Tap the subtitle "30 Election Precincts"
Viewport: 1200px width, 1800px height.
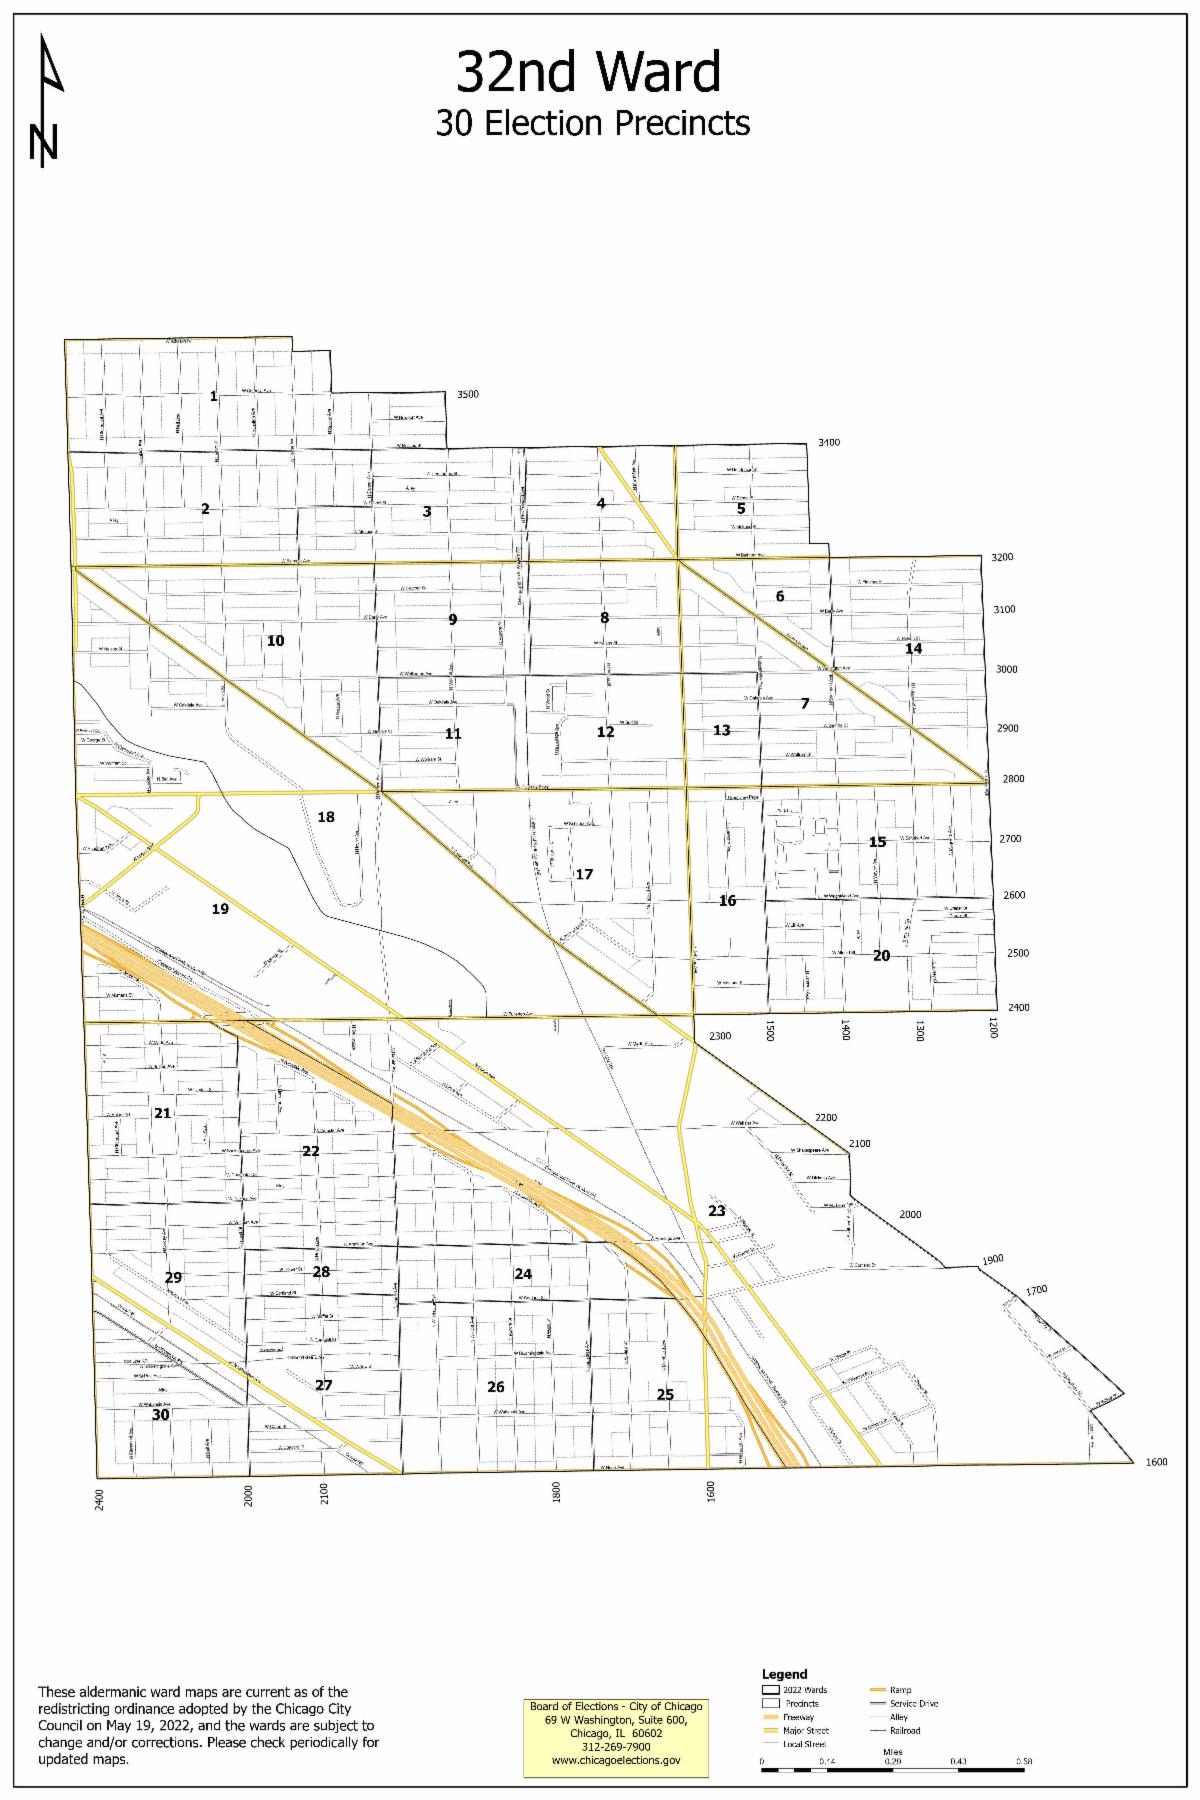click(592, 123)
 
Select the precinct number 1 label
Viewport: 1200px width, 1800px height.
click(213, 397)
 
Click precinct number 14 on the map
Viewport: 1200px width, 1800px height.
click(913, 649)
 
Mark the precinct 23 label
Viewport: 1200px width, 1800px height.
click(717, 1211)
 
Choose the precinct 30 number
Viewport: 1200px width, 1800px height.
click(160, 1415)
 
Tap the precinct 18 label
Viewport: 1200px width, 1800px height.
click(326, 817)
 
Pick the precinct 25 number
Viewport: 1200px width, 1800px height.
click(665, 1395)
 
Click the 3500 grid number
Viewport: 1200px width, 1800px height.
click(467, 394)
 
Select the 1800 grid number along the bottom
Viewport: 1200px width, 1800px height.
click(556, 1492)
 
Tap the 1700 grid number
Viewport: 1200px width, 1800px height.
click(1036, 1290)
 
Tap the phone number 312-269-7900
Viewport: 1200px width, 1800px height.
click(616, 1746)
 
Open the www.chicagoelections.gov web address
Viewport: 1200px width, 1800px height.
click(616, 1760)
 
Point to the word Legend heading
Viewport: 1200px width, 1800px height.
click(784, 1673)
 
